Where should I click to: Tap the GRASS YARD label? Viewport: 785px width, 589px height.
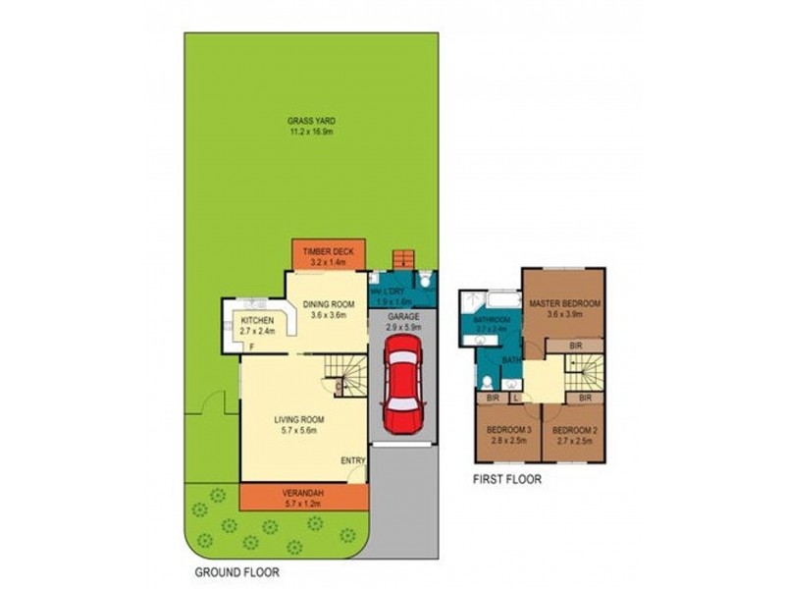click(312, 120)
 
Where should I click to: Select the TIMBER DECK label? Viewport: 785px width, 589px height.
click(327, 252)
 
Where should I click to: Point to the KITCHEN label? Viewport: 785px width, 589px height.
click(258, 320)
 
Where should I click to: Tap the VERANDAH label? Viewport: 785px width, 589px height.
click(302, 493)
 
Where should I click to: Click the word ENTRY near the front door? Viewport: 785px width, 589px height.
click(352, 461)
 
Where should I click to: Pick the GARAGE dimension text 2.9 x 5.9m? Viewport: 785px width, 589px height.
click(402, 328)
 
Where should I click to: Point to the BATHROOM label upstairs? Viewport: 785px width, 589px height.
click(491, 321)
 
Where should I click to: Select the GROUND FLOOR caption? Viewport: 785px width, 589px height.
click(235, 571)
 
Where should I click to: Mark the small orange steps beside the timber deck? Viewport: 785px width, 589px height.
click(401, 259)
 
